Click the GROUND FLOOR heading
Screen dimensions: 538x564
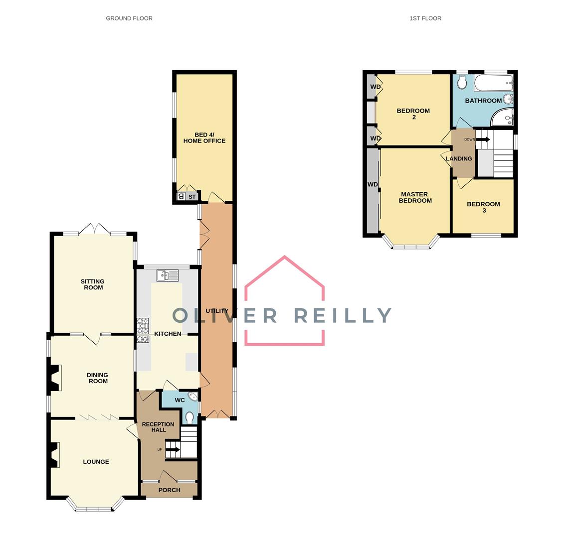tap(129, 18)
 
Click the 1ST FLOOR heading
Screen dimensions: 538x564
tap(425, 18)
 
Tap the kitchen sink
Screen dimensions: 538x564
tap(168, 275)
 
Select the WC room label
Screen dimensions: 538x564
tap(180, 400)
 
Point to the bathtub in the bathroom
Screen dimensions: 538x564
tap(493, 83)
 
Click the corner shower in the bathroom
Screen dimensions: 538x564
tap(503, 118)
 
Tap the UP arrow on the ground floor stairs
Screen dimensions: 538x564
tap(173, 450)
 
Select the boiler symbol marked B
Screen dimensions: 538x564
tap(181, 196)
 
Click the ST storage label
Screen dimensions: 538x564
tap(192, 197)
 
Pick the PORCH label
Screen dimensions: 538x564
tap(169, 490)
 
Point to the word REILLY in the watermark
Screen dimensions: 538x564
tap(343, 315)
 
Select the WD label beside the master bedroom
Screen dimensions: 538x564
tap(373, 184)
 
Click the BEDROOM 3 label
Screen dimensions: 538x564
tap(483, 207)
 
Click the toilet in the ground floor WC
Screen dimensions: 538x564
tap(189, 416)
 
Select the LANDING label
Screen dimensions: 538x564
tap(459, 159)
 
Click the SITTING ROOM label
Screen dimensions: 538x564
tap(93, 284)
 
